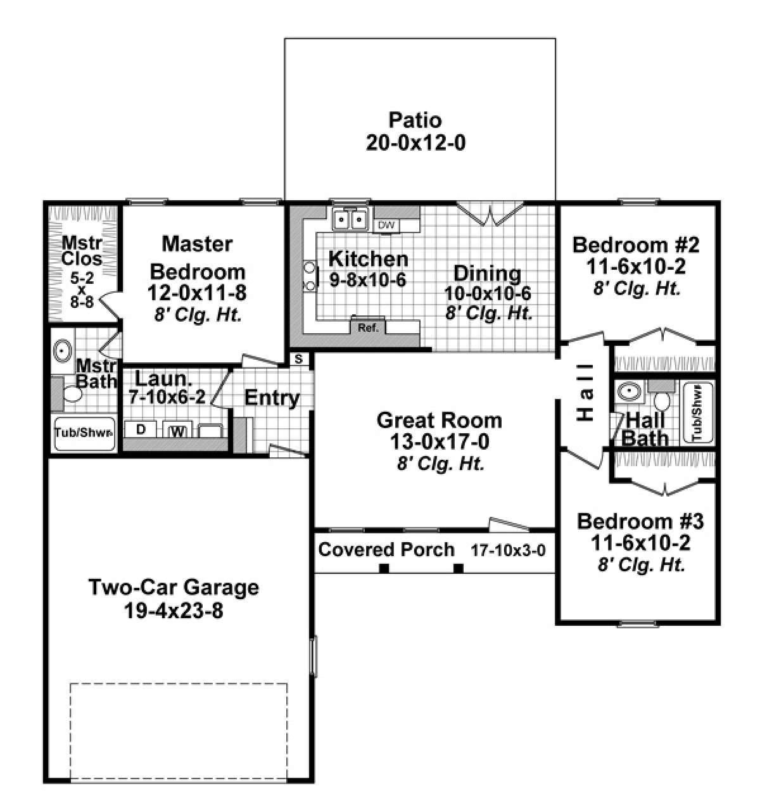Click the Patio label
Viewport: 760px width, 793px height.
tap(415, 120)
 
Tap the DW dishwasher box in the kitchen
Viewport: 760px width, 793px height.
tap(386, 225)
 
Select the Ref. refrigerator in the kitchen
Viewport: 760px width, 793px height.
tap(368, 327)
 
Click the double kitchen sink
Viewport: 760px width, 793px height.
tap(351, 220)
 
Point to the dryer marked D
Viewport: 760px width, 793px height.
tap(141, 429)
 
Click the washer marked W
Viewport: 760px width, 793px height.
tap(179, 431)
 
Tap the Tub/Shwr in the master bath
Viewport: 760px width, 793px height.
tap(84, 434)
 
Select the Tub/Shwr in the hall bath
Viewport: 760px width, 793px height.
tap(697, 413)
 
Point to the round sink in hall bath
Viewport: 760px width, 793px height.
tap(629, 392)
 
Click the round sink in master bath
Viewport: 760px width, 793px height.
tap(63, 350)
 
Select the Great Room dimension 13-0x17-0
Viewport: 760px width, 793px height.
tap(439, 441)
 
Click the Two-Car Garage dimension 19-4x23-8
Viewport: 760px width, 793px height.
tap(173, 611)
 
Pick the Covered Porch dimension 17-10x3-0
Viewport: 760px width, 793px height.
tap(507, 550)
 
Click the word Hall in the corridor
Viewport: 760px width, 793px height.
tap(586, 391)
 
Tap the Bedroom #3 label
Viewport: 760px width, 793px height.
tap(640, 521)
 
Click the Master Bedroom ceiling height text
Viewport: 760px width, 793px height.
tap(198, 315)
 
